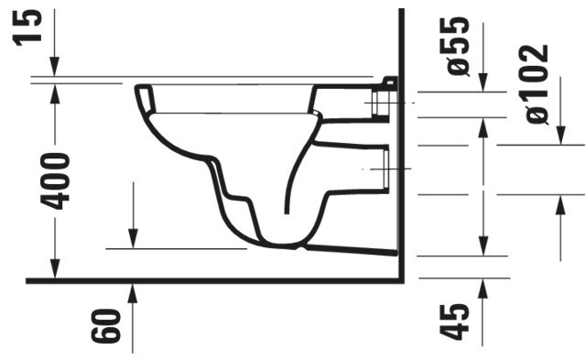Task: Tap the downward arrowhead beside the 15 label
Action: (54, 68)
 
